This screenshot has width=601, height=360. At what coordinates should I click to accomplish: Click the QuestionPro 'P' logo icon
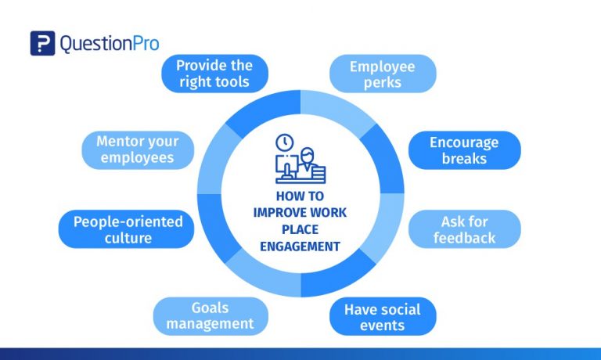pos(42,43)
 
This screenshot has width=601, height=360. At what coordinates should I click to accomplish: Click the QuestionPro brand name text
pos(108,44)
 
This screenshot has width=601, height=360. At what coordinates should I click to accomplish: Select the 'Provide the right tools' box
pos(214,73)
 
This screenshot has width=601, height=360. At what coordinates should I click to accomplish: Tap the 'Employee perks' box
pos(382,74)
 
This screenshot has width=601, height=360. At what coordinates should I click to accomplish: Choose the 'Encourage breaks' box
pos(464,150)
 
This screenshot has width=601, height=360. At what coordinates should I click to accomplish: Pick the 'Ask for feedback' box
pos(464,229)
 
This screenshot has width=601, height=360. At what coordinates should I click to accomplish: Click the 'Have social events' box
pos(382,316)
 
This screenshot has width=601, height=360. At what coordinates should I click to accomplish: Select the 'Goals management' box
pos(211,315)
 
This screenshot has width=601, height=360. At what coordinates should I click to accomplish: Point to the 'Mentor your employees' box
pos(137,150)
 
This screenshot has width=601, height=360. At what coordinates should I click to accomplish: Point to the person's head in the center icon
pos(307,150)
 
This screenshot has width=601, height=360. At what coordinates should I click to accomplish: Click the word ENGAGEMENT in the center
pos(300,246)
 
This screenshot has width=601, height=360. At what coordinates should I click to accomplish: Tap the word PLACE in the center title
pos(300,230)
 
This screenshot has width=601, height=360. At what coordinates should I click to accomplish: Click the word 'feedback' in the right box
pos(464,238)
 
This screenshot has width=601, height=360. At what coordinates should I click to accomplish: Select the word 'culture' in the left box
pos(128,238)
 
